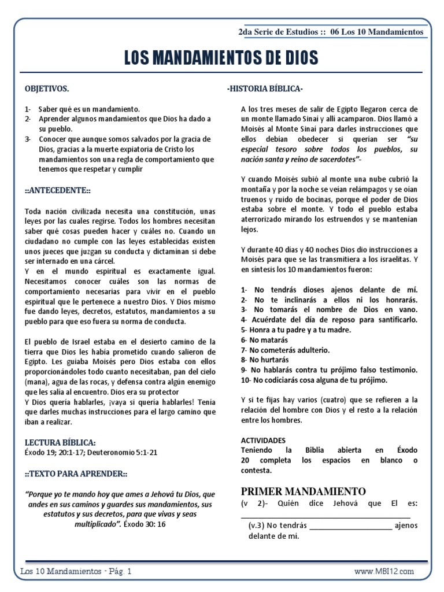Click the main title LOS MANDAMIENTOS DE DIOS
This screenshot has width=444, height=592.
point(221,58)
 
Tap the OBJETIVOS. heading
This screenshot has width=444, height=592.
point(47,89)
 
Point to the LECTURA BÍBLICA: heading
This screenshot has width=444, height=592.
point(56,442)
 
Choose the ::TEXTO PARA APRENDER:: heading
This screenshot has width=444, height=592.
point(76,473)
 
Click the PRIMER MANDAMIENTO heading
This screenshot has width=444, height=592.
point(303,491)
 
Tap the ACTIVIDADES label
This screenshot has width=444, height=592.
point(263,439)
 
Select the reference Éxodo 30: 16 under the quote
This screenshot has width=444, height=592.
point(145,524)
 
